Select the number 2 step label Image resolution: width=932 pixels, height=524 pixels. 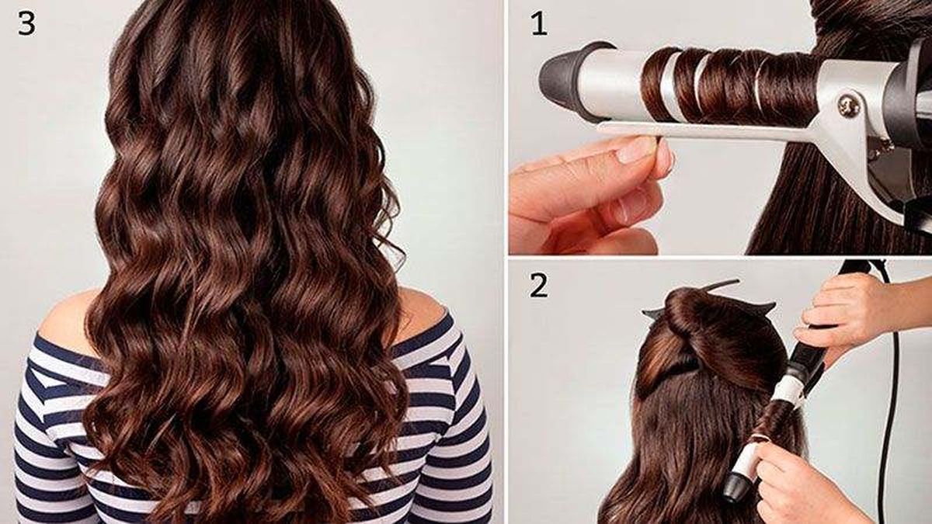(x=538, y=286)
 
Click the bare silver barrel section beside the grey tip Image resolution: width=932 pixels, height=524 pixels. (x=614, y=78)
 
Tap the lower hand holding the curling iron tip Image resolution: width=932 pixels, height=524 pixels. (x=792, y=474)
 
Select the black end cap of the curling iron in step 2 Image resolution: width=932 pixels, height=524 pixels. (x=734, y=489)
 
